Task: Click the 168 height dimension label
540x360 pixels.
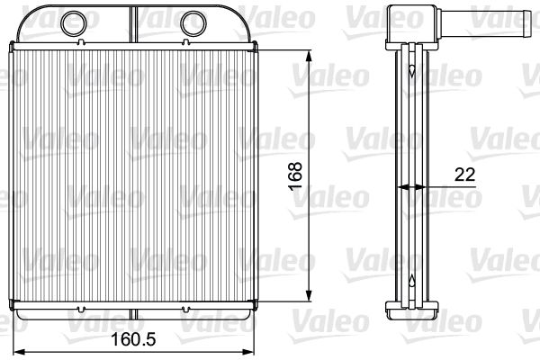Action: (x=295, y=176)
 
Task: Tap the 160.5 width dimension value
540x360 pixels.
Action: (x=133, y=339)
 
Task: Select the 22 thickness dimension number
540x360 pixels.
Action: (x=464, y=175)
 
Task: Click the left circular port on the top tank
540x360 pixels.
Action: (x=74, y=23)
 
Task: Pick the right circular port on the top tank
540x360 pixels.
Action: (x=193, y=23)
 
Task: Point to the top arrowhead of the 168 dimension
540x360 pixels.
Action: (x=309, y=58)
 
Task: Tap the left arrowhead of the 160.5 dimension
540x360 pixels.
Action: (x=19, y=352)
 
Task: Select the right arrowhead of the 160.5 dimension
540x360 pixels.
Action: (x=247, y=352)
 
